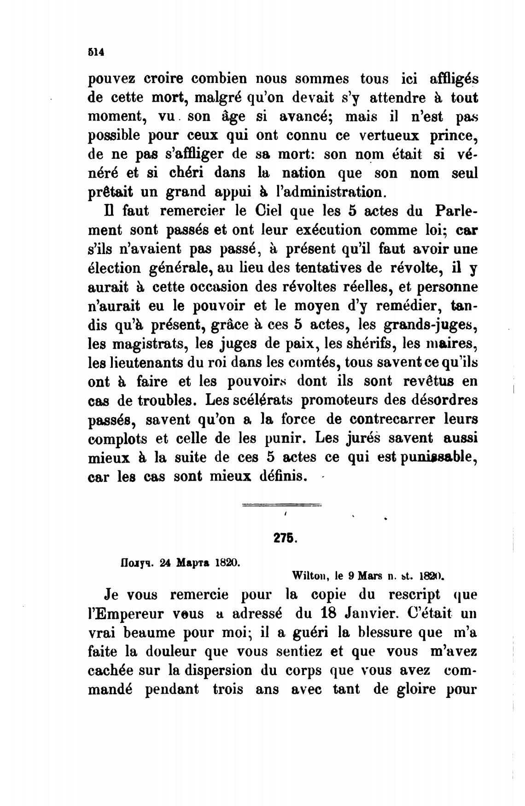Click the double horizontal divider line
coord(281,505)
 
